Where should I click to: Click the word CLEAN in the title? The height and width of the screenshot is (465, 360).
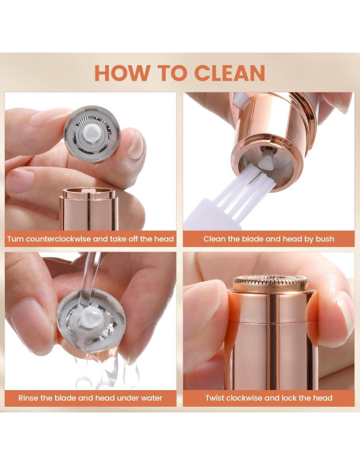pos(229,72)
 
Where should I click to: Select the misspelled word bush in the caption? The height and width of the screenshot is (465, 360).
pos(325,239)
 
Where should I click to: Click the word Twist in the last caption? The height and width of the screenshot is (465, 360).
pos(215,397)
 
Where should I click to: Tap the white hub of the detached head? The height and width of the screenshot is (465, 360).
pos(91,132)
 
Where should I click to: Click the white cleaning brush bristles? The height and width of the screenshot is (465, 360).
pos(248,190)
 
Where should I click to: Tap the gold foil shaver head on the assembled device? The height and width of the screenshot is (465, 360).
pos(271,283)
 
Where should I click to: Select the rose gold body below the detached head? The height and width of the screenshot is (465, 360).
pos(88,209)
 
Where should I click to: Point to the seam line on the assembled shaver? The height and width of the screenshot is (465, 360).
pos(272,322)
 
